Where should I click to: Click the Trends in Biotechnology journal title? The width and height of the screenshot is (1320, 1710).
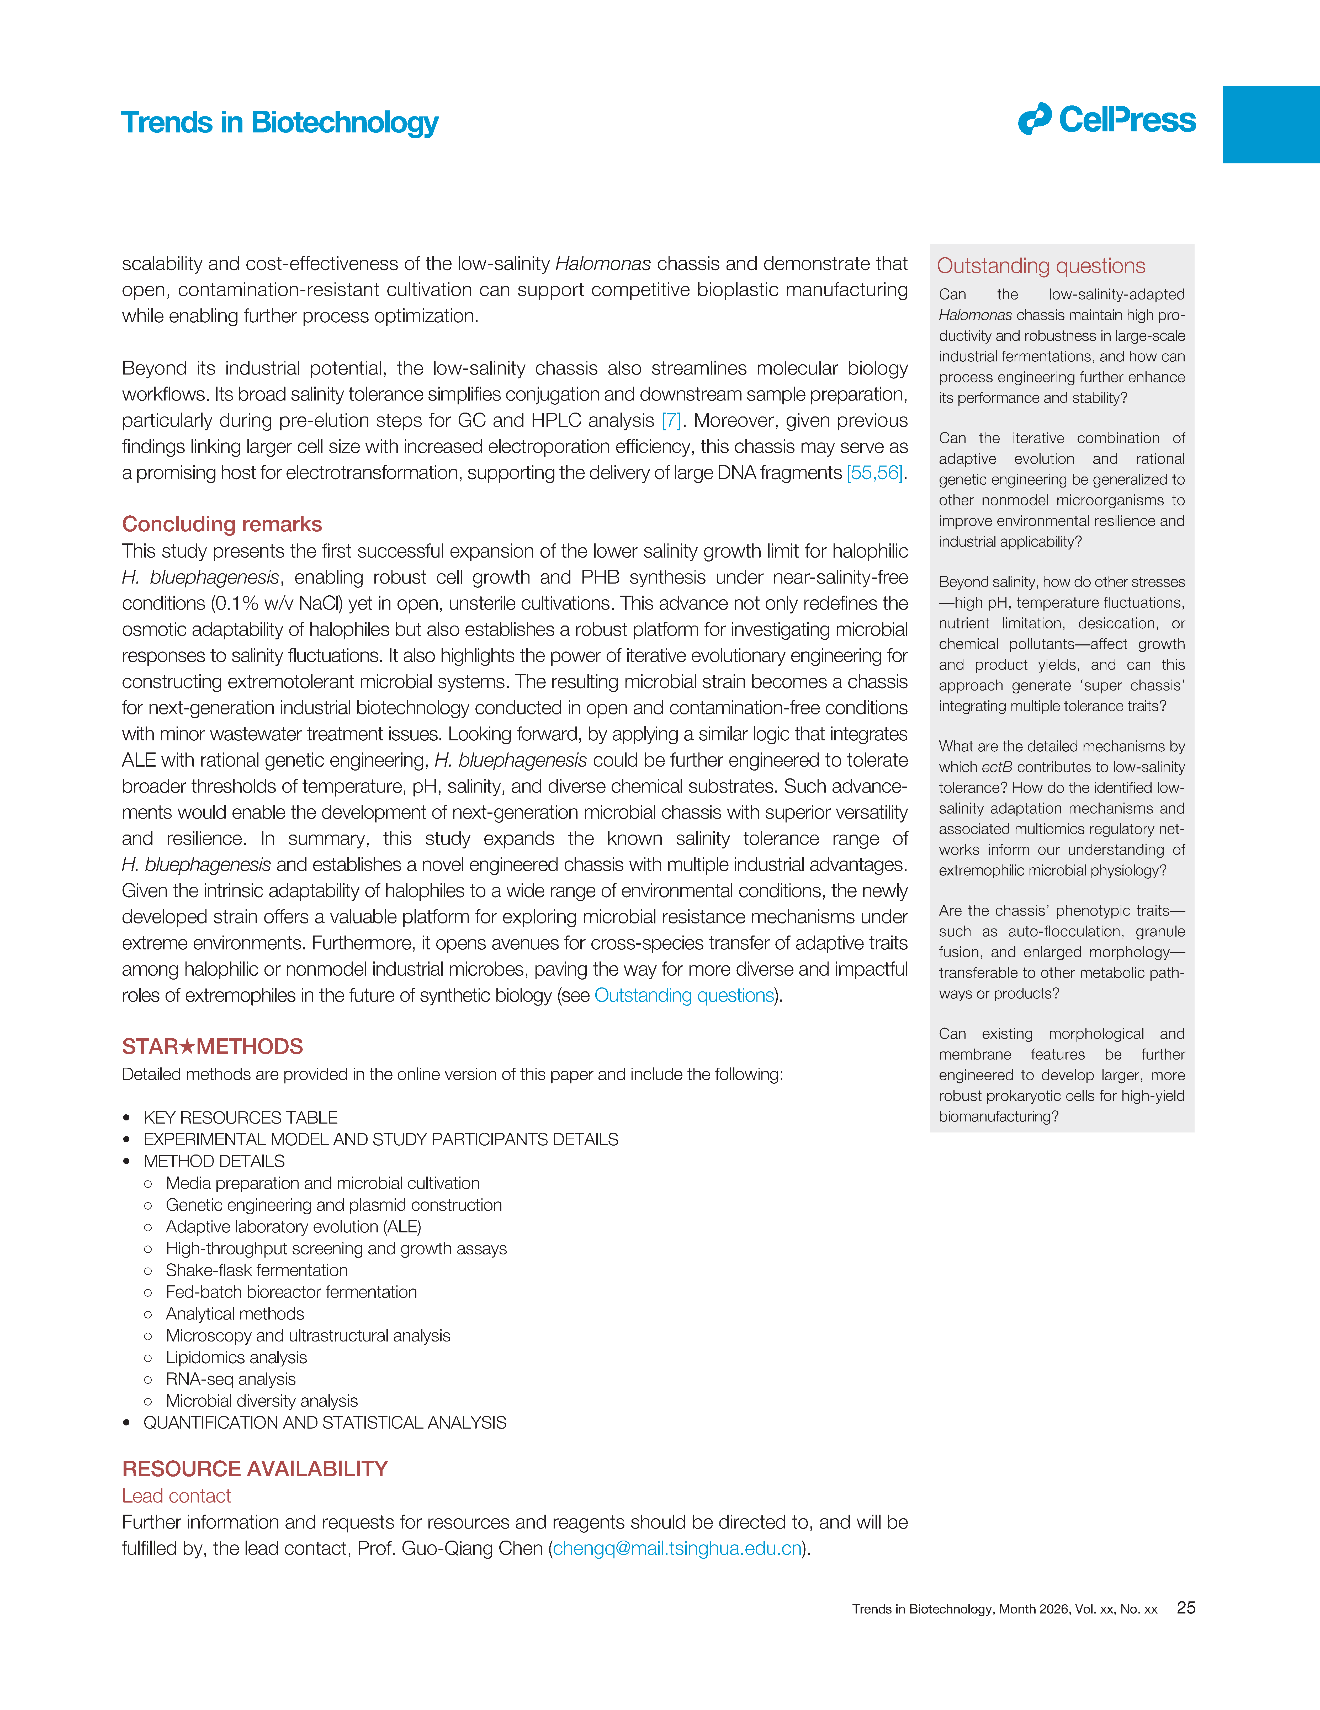click(280, 123)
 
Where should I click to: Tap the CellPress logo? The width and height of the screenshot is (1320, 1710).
click(1107, 120)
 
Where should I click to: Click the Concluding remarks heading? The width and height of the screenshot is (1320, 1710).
click(222, 524)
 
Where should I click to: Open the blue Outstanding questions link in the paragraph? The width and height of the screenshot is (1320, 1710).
click(684, 995)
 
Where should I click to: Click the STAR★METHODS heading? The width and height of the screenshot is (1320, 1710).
click(212, 1047)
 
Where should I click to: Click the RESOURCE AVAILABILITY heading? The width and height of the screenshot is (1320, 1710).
click(255, 1469)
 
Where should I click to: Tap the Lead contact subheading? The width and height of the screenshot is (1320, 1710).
click(176, 1496)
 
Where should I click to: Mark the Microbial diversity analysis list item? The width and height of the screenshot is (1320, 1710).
click(262, 1401)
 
